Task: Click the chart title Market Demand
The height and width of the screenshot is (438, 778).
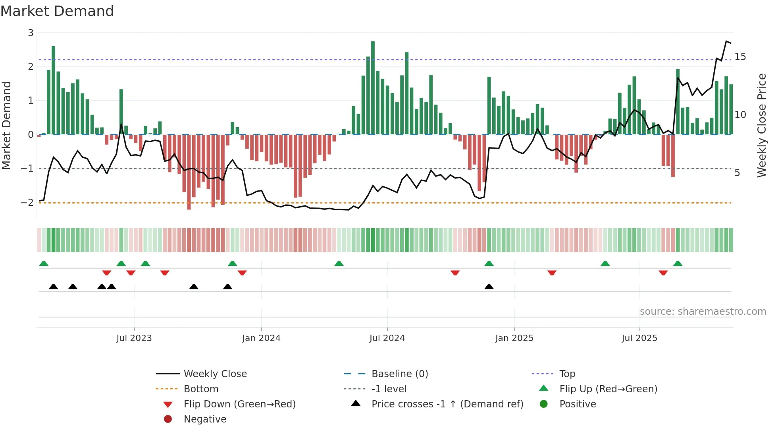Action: pyautogui.click(x=57, y=11)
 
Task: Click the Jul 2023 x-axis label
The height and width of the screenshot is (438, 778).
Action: pyautogui.click(x=134, y=338)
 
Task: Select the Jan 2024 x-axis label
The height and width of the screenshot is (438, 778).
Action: pyautogui.click(x=261, y=338)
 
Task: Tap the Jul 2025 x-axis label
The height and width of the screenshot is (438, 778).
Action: pyautogui.click(x=639, y=338)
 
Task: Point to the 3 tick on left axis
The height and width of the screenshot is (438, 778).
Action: pyautogui.click(x=31, y=33)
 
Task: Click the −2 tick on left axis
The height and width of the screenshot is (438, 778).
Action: pyautogui.click(x=27, y=203)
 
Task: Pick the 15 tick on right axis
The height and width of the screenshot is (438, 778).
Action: pyautogui.click(x=740, y=57)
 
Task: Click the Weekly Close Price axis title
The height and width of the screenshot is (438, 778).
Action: pyautogui.click(x=761, y=125)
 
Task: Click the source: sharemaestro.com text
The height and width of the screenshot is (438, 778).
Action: pyautogui.click(x=703, y=312)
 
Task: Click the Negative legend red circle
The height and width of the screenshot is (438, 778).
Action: pyautogui.click(x=168, y=419)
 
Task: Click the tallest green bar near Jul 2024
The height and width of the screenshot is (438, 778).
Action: pyautogui.click(x=373, y=87)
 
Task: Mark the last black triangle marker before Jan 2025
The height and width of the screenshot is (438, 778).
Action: pyautogui.click(x=489, y=287)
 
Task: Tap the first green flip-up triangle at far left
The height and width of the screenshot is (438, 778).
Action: pyautogui.click(x=44, y=264)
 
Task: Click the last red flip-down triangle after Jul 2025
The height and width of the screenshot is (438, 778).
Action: pyautogui.click(x=663, y=273)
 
